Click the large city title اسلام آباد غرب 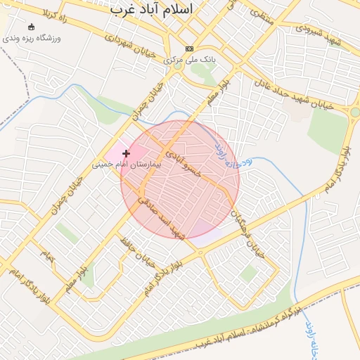click(x=153, y=9)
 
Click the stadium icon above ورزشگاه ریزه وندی click(x=31, y=27)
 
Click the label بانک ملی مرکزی click(x=189, y=60)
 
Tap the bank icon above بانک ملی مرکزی click(x=188, y=49)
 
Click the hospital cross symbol click(x=127, y=153)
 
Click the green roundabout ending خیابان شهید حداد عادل click(x=355, y=112)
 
